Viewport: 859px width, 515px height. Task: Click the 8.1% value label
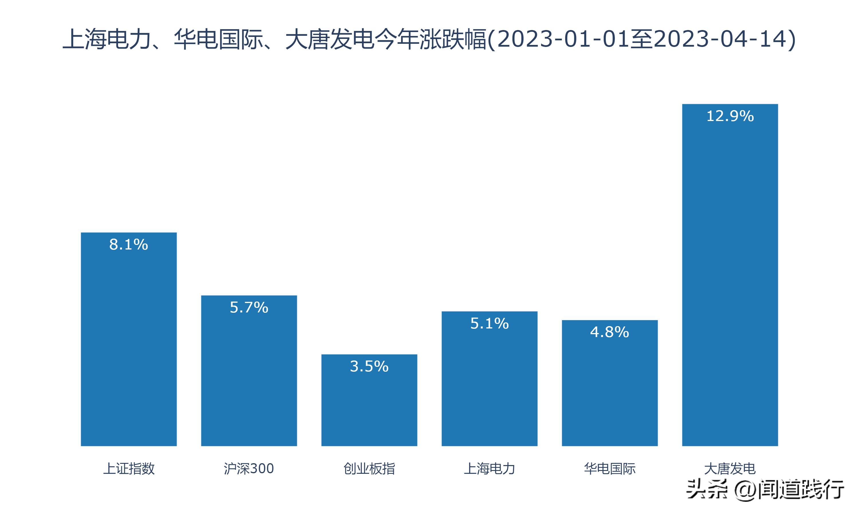tap(129, 245)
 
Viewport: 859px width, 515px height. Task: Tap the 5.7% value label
tap(249, 308)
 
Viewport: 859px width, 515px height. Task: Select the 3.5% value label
tap(369, 367)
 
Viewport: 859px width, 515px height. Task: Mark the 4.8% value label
tap(610, 332)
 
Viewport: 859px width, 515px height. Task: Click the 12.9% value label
tap(730, 116)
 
